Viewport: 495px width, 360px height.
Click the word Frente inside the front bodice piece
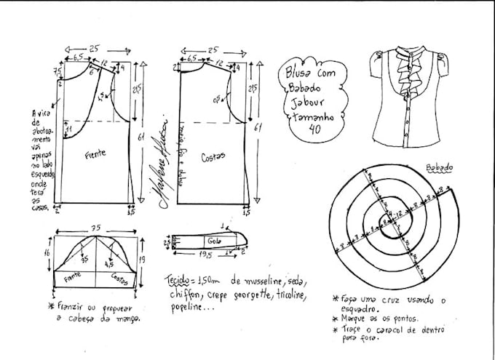tap(95, 154)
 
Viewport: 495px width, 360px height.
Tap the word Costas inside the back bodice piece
tap(213, 155)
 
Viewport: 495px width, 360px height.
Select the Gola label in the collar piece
tap(213, 240)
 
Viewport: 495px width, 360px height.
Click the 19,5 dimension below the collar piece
tap(206, 256)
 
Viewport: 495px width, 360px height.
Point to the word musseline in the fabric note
tap(252, 282)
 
